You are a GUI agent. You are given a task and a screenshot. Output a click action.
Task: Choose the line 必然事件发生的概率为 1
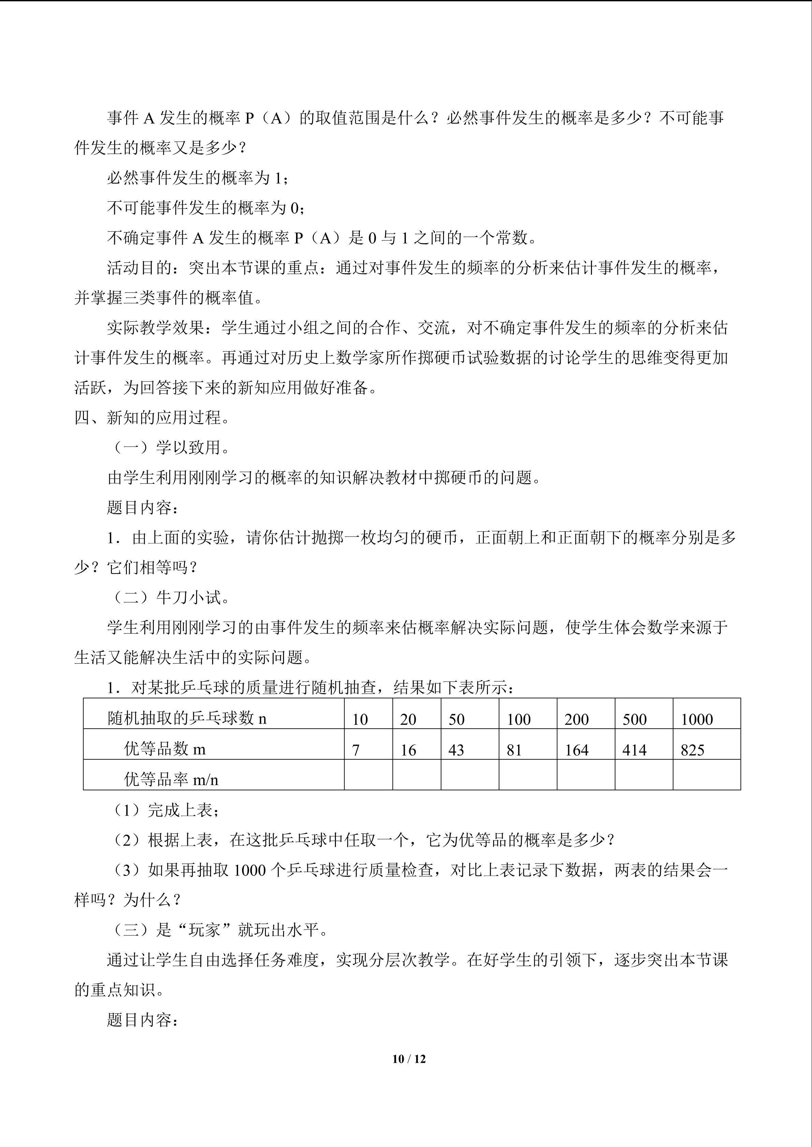click(x=197, y=178)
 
